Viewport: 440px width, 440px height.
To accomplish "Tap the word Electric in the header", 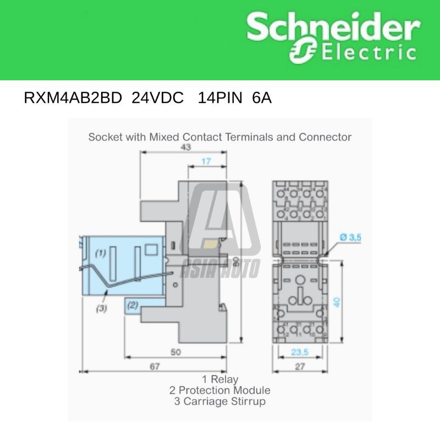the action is (x=366, y=54).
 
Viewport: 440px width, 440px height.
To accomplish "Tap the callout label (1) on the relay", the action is (x=100, y=254).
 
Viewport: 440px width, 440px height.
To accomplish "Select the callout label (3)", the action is (x=101, y=309).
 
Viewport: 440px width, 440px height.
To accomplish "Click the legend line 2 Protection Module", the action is (x=220, y=391).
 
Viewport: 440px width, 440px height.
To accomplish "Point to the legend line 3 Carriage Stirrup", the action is (x=220, y=402).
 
